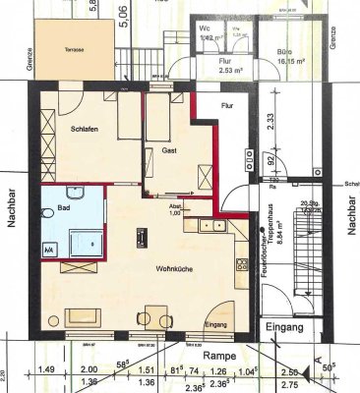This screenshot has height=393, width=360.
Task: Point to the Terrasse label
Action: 62,48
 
